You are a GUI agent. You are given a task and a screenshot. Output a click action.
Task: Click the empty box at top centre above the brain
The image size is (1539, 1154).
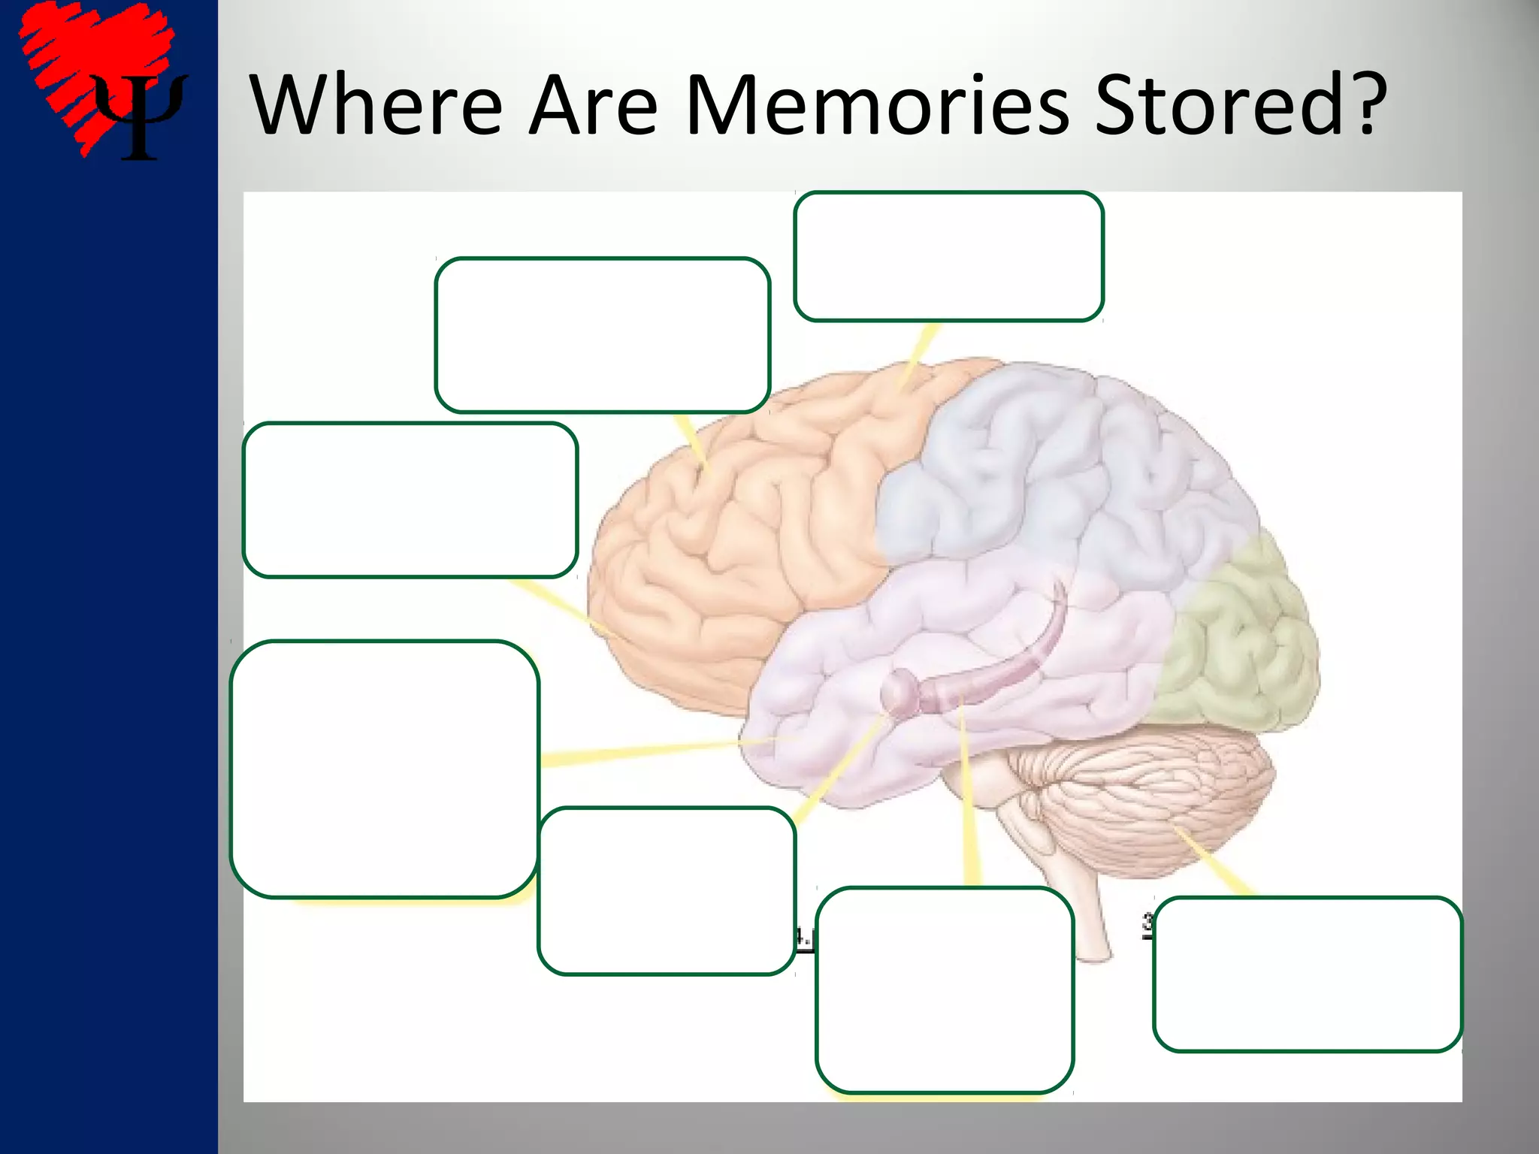point(948,256)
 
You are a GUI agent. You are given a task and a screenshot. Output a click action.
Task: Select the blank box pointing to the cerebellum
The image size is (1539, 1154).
point(1308,974)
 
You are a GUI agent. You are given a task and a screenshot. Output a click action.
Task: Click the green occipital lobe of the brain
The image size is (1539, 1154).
point(1240,646)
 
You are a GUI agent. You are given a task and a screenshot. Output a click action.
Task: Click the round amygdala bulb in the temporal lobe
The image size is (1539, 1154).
point(896,692)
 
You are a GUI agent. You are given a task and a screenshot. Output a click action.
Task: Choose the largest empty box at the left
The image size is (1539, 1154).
point(384,769)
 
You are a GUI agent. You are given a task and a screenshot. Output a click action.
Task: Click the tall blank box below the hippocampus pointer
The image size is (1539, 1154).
point(945,989)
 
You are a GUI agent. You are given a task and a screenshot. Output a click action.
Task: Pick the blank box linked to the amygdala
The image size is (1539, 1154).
point(667,891)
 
